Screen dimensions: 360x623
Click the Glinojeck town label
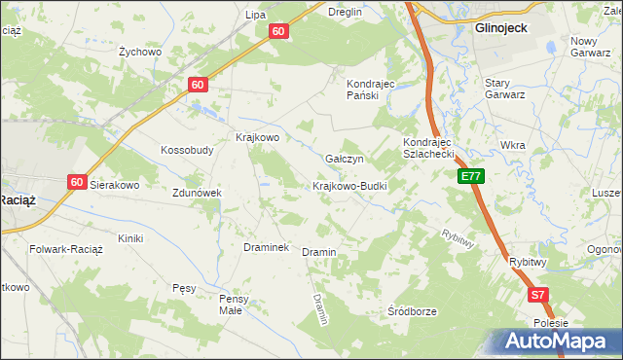(500, 28)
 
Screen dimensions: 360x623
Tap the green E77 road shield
(470, 176)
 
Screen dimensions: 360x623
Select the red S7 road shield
(538, 294)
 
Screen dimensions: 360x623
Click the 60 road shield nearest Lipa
(278, 31)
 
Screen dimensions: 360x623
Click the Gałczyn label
(345, 159)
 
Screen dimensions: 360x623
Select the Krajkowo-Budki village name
(349, 186)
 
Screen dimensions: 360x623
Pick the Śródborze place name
(412, 311)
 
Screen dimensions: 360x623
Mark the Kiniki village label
(130, 238)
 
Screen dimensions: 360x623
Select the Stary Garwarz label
(505, 89)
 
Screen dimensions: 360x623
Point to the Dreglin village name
(345, 12)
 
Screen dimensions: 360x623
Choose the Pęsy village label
(184, 288)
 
